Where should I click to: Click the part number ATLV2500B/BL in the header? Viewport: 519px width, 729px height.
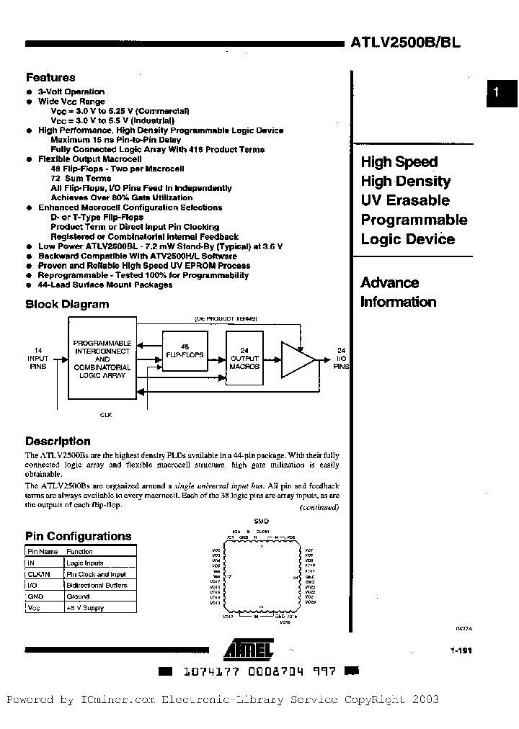[406, 42]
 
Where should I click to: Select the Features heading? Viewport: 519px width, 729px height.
[50, 77]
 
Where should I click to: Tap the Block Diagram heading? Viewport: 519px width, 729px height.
[67, 304]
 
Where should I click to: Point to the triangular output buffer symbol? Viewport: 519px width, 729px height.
[296, 358]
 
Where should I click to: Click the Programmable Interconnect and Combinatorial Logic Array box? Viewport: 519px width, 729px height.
[102, 358]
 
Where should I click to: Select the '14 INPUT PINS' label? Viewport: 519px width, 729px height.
[38, 357]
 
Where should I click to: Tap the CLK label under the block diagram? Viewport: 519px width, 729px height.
[105, 414]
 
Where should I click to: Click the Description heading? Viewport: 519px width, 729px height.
[58, 441]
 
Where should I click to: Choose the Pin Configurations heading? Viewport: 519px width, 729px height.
[79, 536]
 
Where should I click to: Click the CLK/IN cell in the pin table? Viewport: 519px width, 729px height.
[39, 574]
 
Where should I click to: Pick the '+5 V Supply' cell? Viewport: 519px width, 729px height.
[85, 608]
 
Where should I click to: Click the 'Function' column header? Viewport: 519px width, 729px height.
[79, 551]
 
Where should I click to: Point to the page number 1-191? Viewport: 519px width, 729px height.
[451, 650]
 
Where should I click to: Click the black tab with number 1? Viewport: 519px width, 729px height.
[502, 92]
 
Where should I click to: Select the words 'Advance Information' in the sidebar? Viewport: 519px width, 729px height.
[399, 292]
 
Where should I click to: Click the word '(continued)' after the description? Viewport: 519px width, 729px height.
[319, 507]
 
